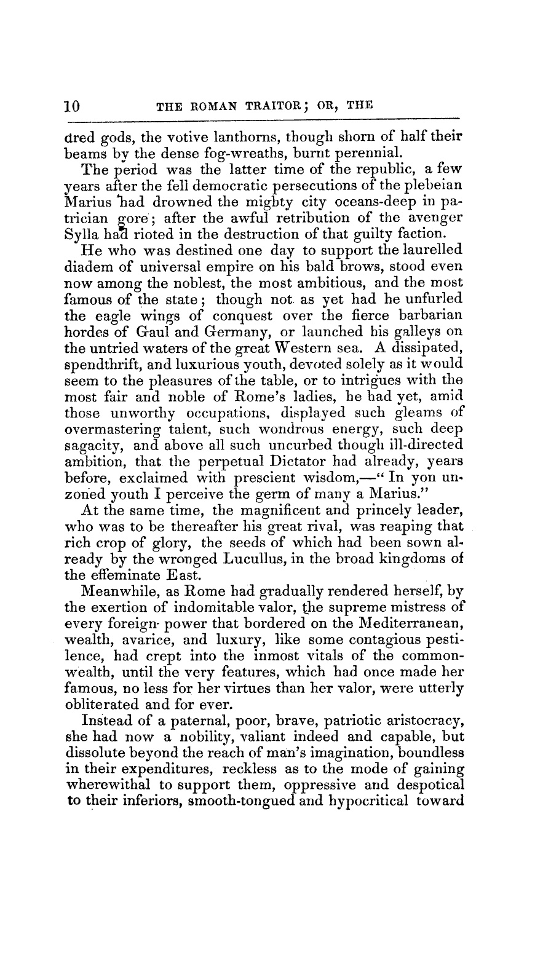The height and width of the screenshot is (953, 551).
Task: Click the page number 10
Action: pyautogui.click(x=73, y=105)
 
